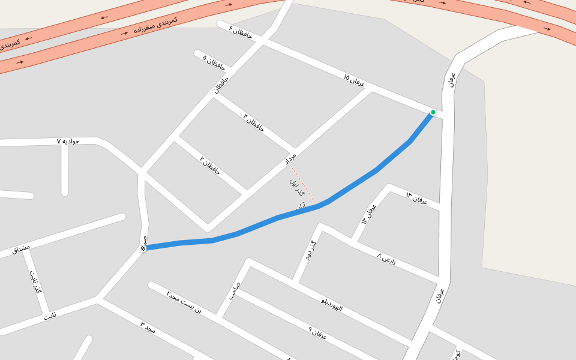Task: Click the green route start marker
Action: click(433, 112)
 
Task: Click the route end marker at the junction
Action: click(143, 248)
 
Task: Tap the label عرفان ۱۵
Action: click(354, 80)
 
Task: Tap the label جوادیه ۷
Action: click(68, 141)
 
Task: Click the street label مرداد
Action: click(290, 160)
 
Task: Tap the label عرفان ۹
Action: click(317, 333)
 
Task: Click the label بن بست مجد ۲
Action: click(184, 304)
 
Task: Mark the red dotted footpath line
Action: click(303, 185)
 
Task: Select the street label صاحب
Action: click(233, 291)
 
